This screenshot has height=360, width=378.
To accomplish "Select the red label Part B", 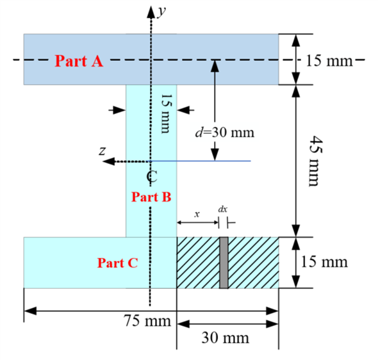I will tap(151, 197).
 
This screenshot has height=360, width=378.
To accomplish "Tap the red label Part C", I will tap(117, 263).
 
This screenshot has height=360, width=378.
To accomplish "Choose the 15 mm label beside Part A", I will tap(329, 61).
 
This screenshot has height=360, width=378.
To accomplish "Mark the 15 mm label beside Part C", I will tap(325, 263).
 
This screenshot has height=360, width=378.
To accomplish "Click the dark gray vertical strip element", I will tap(224, 263).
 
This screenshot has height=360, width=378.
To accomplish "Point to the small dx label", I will tap(222, 209).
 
